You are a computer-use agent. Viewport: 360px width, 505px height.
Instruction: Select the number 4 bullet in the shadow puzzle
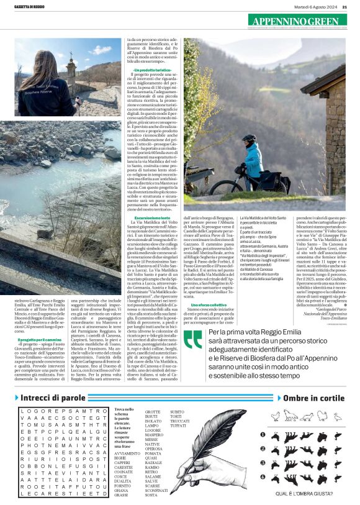[x=264, y=477]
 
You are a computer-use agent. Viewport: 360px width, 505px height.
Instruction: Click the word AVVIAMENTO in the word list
[x=127, y=453]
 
